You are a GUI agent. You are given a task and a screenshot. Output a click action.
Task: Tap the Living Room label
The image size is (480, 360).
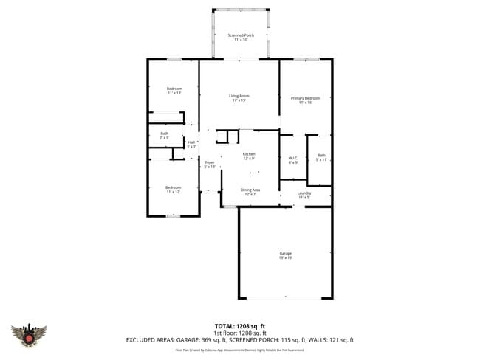238,97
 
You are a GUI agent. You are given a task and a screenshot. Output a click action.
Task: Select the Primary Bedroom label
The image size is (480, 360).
305,100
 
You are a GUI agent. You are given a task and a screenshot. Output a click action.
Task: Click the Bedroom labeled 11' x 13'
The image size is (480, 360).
174,91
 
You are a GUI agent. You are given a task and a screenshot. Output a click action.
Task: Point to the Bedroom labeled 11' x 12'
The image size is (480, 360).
173,189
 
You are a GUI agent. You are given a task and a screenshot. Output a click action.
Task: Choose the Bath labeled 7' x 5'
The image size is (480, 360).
164,135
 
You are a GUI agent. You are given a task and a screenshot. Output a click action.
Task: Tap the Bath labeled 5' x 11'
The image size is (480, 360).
321,157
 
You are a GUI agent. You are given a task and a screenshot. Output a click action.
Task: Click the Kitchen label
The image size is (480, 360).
249,156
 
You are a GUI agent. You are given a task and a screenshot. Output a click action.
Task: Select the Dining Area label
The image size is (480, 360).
250,192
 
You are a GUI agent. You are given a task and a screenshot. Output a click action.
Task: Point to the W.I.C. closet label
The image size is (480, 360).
293,160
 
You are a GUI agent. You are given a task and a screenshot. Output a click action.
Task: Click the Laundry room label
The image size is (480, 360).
304,195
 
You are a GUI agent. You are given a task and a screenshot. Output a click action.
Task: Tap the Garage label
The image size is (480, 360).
285,255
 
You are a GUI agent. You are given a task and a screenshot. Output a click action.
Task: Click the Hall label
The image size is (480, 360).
191,144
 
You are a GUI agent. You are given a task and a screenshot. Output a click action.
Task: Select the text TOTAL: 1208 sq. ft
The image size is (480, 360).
240,325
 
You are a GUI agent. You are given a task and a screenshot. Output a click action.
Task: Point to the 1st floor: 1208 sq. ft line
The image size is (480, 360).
240,333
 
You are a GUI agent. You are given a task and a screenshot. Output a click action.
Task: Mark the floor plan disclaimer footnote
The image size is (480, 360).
240,350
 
